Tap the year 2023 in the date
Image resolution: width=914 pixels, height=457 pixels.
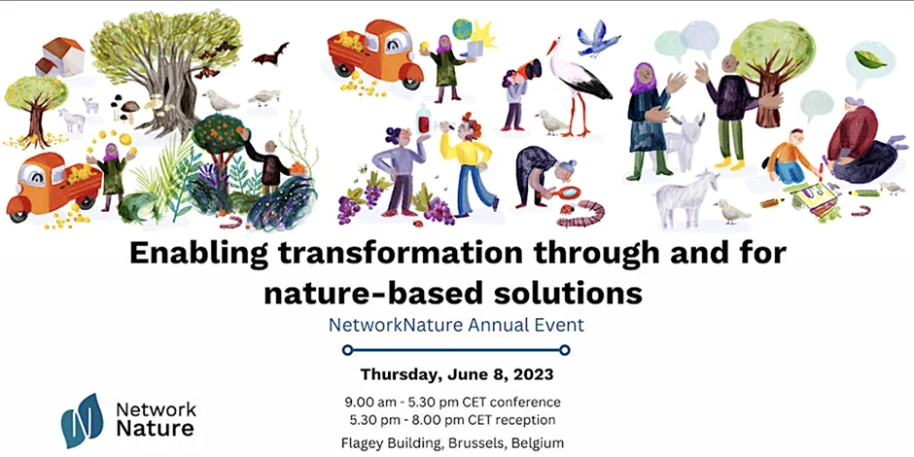tap(533, 374)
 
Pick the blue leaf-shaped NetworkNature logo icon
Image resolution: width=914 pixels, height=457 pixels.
tap(83, 420)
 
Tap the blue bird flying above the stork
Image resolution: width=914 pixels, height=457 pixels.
tap(597, 40)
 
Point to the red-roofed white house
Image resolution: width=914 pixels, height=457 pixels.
tap(60, 56)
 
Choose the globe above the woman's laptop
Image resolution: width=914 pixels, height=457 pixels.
tap(462, 29)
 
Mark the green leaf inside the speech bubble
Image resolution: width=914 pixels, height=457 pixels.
tap(869, 59)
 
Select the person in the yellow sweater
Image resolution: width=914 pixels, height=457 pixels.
tap(468, 162)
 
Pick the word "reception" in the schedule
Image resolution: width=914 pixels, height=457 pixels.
tap(531, 419)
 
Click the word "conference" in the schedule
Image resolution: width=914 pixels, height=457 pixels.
tap(530, 402)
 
